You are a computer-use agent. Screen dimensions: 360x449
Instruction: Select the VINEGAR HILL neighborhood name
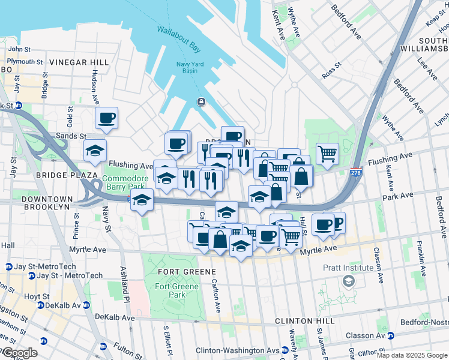pos(79,62)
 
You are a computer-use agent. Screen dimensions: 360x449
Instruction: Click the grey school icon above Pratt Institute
pos(348,280)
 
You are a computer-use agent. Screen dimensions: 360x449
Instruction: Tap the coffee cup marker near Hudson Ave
pos(107,118)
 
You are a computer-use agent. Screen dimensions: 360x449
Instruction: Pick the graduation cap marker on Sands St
pos(95,151)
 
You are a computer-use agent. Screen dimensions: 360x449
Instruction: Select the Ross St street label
pos(331,71)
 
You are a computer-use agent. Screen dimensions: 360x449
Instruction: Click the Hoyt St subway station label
pos(34,296)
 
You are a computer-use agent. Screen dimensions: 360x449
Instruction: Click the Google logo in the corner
pos(20,353)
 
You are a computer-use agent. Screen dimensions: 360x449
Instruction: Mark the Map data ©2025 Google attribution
pos(412,355)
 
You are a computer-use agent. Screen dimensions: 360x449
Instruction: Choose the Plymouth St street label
pos(25,61)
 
